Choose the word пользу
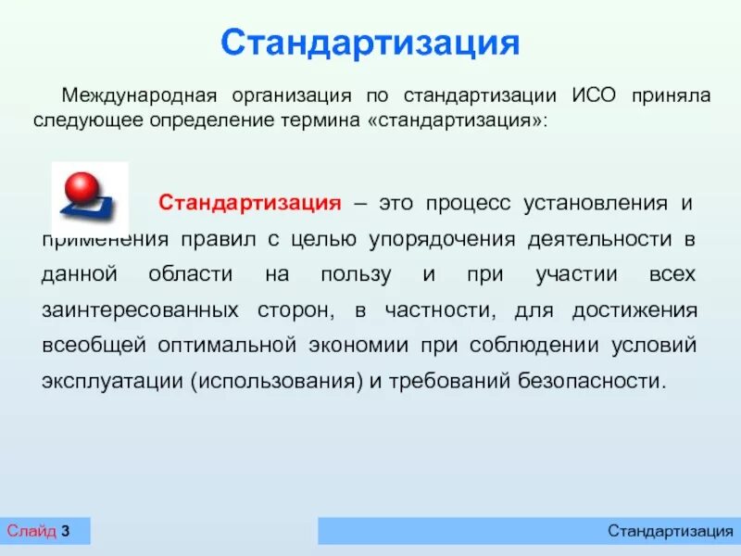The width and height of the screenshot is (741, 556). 356,275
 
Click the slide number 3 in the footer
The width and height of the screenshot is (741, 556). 66,531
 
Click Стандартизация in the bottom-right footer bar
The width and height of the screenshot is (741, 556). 671,531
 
